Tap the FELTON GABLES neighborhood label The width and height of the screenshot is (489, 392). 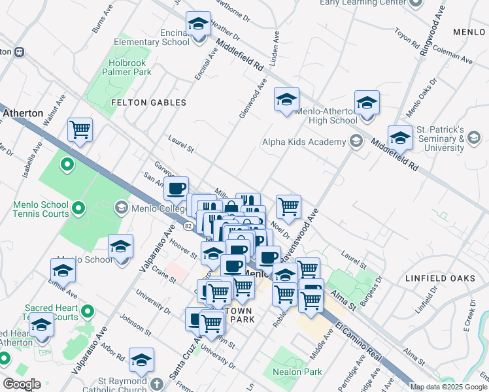click(x=148, y=103)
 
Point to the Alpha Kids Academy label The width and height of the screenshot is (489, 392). click(x=303, y=142)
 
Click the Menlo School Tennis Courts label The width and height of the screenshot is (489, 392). click(x=41, y=209)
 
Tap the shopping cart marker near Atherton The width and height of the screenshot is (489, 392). click(x=80, y=131)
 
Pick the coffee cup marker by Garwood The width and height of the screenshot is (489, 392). click(x=175, y=190)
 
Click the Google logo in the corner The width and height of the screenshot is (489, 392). click(x=21, y=384)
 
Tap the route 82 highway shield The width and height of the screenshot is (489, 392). click(x=188, y=226)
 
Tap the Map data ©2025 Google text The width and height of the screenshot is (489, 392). click(x=448, y=387)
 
